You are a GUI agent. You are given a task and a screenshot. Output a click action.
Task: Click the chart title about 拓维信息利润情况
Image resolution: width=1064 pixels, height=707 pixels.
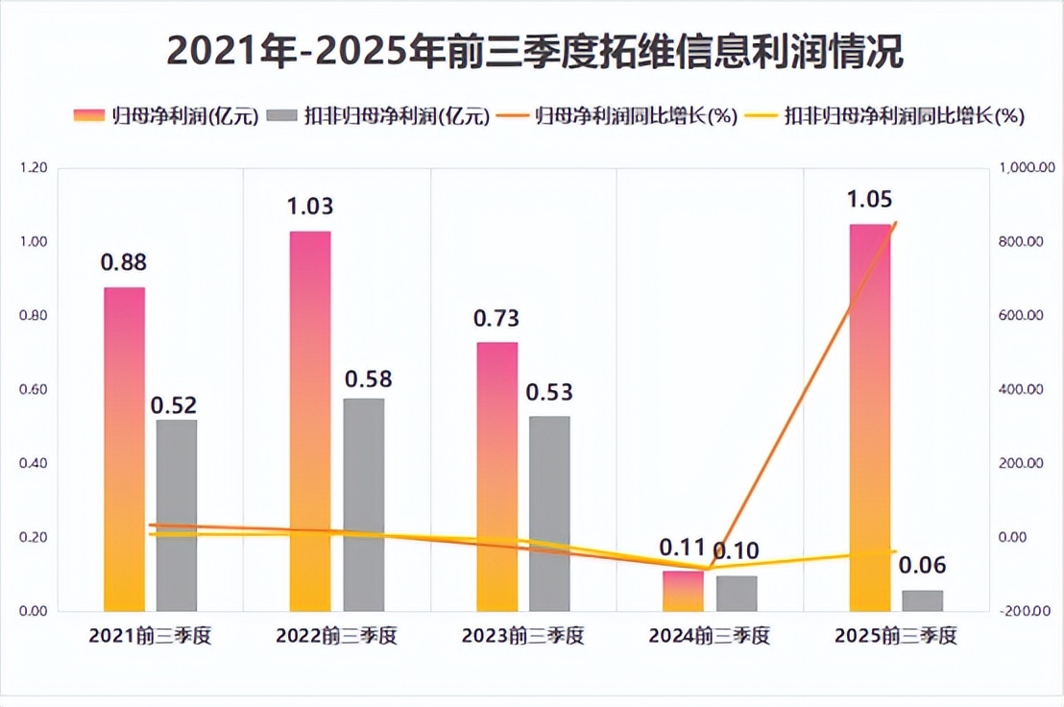tap(534, 51)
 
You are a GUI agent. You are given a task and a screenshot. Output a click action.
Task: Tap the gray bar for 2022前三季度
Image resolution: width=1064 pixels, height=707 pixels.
tap(364, 504)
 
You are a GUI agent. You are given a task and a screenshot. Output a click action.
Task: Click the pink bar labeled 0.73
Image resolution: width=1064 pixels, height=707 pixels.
tap(496, 475)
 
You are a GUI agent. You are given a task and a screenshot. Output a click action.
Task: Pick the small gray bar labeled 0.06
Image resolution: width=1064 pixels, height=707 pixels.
tap(923, 600)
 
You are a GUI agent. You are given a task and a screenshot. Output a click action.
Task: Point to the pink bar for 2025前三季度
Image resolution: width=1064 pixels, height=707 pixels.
tap(870, 417)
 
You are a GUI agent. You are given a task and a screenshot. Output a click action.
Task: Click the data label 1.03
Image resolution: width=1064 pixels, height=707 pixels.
tap(310, 206)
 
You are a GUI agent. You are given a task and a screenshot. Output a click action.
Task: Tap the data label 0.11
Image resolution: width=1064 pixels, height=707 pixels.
tap(682, 549)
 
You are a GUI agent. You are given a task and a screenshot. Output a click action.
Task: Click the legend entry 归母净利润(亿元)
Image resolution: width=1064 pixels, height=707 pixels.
tap(167, 116)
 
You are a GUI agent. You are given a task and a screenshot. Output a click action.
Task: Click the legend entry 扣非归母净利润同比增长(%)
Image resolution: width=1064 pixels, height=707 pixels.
tap(890, 116)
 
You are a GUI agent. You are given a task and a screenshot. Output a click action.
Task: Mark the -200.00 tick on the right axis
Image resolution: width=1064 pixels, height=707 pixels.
tap(1024, 612)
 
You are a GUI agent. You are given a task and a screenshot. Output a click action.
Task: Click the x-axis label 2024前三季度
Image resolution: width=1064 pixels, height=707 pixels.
tap(709, 636)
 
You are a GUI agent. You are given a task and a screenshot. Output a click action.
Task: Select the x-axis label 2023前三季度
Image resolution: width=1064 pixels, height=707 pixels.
tap(522, 636)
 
